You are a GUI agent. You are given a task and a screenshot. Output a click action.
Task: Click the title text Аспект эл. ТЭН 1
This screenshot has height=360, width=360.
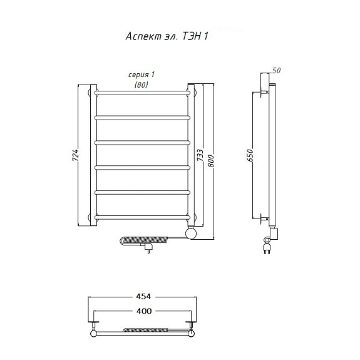[167, 36]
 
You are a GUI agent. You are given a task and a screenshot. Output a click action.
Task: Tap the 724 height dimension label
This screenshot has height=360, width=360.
[76, 155]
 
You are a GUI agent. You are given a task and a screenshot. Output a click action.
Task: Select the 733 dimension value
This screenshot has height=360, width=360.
[200, 155]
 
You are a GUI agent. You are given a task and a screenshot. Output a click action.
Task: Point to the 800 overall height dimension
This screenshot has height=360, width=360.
[210, 161]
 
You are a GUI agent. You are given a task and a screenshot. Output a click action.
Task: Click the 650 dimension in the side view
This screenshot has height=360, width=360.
[250, 155]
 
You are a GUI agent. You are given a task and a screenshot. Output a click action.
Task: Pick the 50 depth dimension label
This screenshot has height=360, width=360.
[277, 71]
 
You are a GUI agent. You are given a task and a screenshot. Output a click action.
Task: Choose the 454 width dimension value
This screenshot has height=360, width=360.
[143, 297]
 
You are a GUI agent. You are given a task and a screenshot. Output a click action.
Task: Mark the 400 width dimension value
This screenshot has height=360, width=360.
[144, 311]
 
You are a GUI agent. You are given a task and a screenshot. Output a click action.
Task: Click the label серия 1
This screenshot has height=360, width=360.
[141, 75]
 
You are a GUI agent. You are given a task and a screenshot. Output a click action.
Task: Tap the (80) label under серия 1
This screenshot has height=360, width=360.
[141, 85]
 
